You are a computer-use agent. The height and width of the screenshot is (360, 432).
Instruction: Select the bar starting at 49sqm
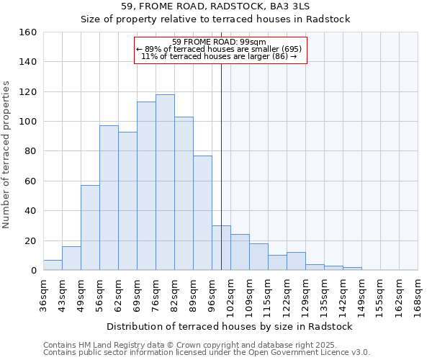90,228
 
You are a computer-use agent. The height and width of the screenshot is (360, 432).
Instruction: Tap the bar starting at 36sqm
53,265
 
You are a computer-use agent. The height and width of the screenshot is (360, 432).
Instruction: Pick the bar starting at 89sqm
202,213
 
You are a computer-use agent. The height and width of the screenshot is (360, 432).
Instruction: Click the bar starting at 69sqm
146,186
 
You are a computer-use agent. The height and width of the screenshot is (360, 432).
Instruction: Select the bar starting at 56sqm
109,198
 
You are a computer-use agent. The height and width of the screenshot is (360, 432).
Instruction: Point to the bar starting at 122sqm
296,261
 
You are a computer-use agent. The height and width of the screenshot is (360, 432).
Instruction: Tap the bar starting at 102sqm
240,252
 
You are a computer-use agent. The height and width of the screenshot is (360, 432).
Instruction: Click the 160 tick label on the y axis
27,32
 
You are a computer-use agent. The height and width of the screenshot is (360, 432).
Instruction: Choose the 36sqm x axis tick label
44,294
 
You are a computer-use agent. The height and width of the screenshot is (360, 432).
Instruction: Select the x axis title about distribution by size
229,326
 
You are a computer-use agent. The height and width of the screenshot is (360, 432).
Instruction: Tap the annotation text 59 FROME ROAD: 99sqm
220,42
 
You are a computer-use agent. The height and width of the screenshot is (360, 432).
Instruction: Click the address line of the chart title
215,6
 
